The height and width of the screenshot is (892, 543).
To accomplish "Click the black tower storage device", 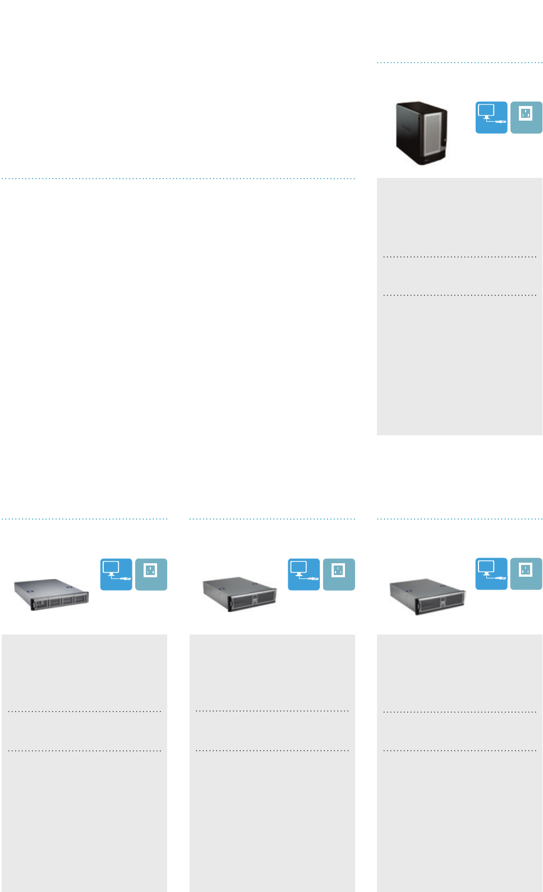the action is [x=421, y=134].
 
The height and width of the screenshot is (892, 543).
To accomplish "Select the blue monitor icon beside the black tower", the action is [x=491, y=117].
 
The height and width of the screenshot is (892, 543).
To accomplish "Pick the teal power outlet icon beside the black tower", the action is [x=526, y=117].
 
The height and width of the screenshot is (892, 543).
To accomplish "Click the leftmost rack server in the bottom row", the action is [x=51, y=595].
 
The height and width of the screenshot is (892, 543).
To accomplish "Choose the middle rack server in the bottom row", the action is [x=240, y=595].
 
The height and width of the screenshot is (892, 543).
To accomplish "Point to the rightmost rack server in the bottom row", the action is [x=427, y=596].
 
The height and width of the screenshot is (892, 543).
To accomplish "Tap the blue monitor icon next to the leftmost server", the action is [x=116, y=574].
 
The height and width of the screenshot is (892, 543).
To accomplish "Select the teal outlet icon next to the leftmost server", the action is [x=151, y=574].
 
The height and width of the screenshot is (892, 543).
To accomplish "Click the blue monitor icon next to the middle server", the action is [x=303, y=574].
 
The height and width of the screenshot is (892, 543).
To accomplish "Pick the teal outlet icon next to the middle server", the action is [x=339, y=574].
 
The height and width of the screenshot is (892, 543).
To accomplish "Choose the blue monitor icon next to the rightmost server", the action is [x=491, y=574].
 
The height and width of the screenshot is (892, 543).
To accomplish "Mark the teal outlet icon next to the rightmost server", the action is [x=526, y=574].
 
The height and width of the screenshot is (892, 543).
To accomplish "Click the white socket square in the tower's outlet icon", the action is [x=526, y=114].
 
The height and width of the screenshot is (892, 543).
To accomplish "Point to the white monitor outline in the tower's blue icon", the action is [x=486, y=111].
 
